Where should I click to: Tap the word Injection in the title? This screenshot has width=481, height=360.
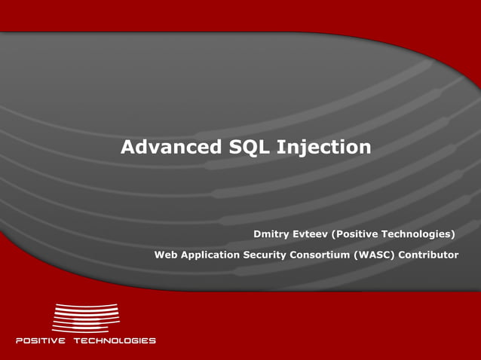click(x=324, y=148)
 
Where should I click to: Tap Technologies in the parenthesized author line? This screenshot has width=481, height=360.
click(x=422, y=234)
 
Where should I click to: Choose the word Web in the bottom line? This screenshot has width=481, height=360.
click(x=166, y=255)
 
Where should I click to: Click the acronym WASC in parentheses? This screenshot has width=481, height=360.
click(x=375, y=255)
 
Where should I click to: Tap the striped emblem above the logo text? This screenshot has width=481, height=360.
click(x=85, y=317)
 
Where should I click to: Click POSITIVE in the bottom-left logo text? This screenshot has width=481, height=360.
click(x=41, y=340)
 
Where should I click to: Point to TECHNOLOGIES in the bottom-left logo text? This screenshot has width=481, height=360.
click(x=114, y=340)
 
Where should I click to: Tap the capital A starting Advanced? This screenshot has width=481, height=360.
click(x=129, y=147)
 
